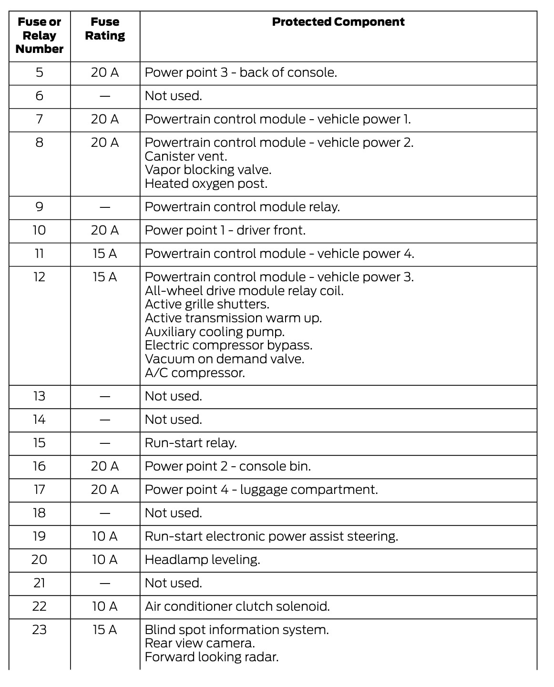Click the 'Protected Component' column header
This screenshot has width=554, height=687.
pyautogui.click(x=338, y=22)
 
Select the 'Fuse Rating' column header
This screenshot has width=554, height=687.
pyautogui.click(x=105, y=29)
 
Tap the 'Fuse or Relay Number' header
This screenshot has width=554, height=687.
pyautogui.click(x=40, y=35)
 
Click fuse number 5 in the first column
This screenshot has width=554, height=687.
pyautogui.click(x=40, y=72)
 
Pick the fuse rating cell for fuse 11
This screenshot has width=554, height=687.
pyautogui.click(x=105, y=254)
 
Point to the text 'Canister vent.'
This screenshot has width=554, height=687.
pyautogui.click(x=186, y=156)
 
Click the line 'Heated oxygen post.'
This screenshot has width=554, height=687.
pyautogui.click(x=206, y=184)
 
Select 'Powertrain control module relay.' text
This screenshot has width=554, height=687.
pyautogui.click(x=242, y=207)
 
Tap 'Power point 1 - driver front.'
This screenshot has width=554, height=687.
pyautogui.click(x=225, y=230)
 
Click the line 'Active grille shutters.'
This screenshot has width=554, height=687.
pyautogui.click(x=207, y=304)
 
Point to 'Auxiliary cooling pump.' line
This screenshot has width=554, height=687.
pyautogui.click(x=215, y=332)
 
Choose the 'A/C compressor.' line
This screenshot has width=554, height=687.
pyautogui.click(x=195, y=373)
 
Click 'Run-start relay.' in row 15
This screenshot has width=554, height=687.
pyautogui.click(x=191, y=443)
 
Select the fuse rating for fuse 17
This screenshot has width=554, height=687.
pyautogui.click(x=105, y=490)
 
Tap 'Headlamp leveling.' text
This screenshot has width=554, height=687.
pyautogui.click(x=202, y=560)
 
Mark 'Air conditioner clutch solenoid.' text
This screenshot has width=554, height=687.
pyautogui.click(x=237, y=606)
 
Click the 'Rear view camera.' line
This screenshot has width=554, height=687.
pyautogui.click(x=200, y=643)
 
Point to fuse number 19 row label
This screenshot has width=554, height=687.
pyautogui.click(x=40, y=536)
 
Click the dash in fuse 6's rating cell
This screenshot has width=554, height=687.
pyautogui.click(x=105, y=96)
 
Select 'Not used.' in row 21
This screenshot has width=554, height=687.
pyautogui.click(x=174, y=583)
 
